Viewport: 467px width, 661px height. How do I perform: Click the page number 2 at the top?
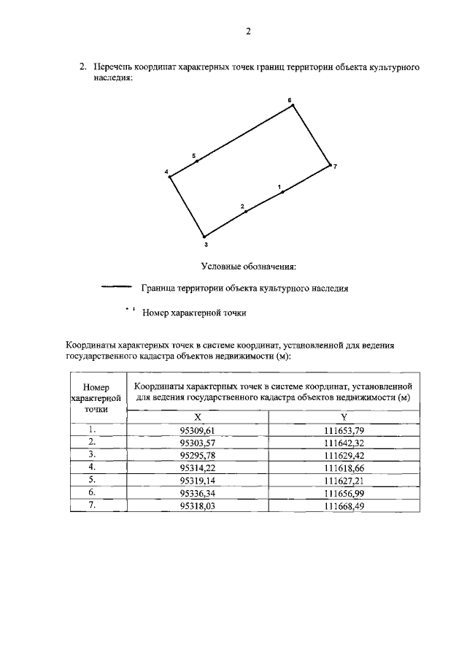(248, 31)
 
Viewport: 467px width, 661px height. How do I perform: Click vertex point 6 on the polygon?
(293, 105)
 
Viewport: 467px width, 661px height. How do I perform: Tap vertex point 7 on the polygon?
(330, 165)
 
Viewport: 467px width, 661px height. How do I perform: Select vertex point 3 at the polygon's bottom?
(204, 236)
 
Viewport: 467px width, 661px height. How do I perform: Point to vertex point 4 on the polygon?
(170, 176)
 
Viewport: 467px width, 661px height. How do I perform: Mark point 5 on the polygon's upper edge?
(197, 161)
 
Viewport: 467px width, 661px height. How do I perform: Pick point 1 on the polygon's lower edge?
(282, 192)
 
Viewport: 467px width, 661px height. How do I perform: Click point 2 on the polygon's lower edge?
(246, 211)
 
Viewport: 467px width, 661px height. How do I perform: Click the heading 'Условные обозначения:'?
(247, 266)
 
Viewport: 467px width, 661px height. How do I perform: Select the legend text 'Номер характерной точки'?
(194, 313)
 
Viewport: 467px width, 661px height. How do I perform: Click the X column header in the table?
(198, 416)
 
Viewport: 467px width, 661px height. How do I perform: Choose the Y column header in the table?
(344, 416)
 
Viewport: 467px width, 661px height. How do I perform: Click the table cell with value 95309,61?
(198, 431)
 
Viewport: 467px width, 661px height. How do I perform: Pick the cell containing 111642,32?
(344, 443)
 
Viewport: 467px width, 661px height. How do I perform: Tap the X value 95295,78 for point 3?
(198, 455)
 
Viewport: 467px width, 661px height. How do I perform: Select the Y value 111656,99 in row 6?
(344, 493)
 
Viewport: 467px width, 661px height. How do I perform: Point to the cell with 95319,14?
(198, 481)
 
